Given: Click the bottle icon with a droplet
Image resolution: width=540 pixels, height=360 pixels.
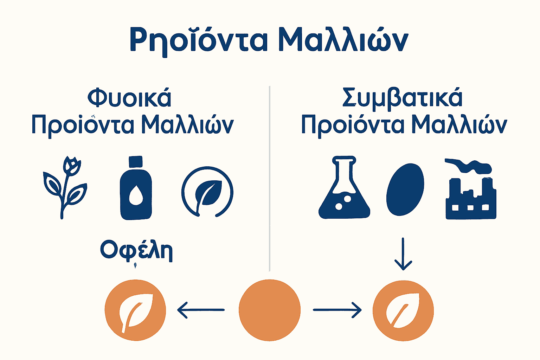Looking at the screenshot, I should point(136,190).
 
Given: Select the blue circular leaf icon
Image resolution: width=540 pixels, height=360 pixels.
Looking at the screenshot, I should point(207,192).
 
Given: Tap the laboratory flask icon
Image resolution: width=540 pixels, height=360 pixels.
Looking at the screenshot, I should point(344,190).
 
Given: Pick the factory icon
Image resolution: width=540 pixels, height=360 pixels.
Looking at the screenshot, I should point(471,199).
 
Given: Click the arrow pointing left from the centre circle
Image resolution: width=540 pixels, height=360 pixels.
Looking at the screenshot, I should point(201,310).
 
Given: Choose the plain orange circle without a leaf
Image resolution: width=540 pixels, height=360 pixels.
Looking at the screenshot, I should point(270,310).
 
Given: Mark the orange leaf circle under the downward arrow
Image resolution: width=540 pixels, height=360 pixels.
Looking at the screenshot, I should point(403,310).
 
